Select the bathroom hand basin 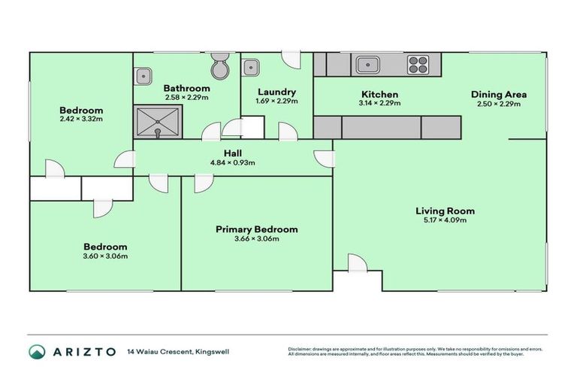[x=142, y=74]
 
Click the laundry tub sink [x=250, y=67]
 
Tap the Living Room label [x=445, y=211]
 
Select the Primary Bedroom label [x=256, y=229]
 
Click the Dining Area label [x=498, y=95]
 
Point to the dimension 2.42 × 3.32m [x=81, y=119]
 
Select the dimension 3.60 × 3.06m [x=104, y=256]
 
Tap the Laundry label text [x=276, y=92]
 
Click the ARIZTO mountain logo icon [x=37, y=351]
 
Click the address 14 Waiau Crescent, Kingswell [x=179, y=351]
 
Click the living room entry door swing [x=356, y=262]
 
